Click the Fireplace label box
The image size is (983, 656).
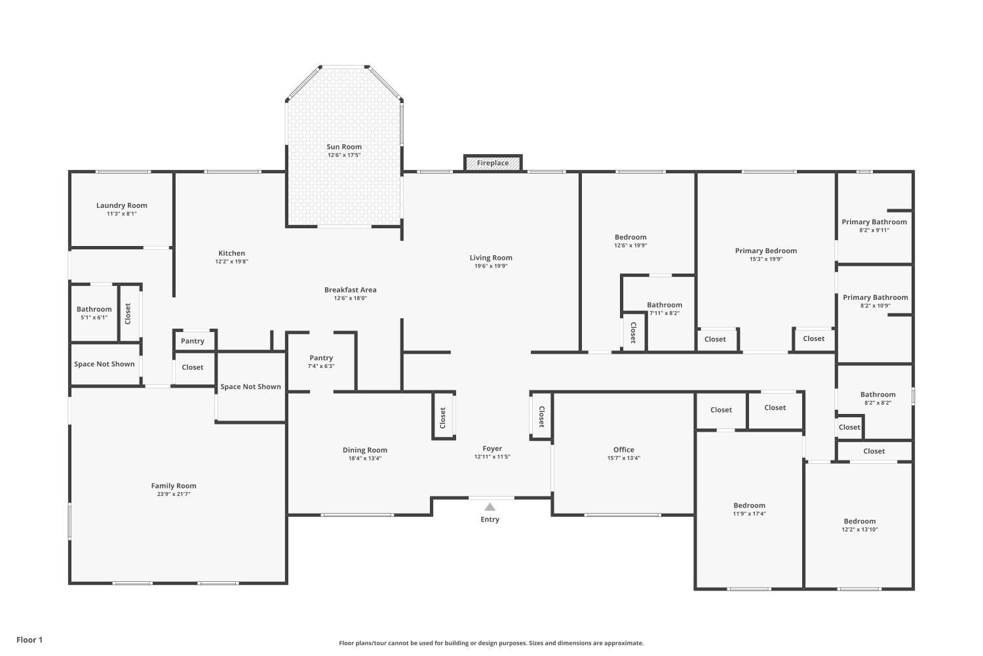click(x=493, y=163)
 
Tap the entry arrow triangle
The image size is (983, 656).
click(x=490, y=506)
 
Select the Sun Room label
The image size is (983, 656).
click(x=344, y=147)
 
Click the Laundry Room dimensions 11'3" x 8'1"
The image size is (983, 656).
click(x=122, y=214)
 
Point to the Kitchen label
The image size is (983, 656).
click(x=231, y=253)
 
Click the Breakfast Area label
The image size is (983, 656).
click(x=350, y=290)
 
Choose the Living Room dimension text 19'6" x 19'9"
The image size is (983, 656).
click(x=491, y=266)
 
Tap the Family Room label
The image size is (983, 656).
click(x=174, y=486)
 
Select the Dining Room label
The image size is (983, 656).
click(x=365, y=450)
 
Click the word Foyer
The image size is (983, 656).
click(x=492, y=449)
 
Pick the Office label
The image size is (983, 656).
click(x=623, y=450)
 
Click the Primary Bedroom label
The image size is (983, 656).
click(x=765, y=251)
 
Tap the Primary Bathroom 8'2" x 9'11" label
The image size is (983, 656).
click(x=874, y=222)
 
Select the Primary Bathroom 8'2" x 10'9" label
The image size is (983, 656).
click(x=875, y=297)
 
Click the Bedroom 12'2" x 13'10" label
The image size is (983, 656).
click(x=859, y=522)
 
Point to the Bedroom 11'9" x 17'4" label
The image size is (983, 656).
click(x=749, y=506)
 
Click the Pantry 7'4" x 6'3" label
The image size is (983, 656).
click(x=321, y=358)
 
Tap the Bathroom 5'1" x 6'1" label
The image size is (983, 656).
click(x=94, y=309)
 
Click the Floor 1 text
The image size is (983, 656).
click(x=29, y=640)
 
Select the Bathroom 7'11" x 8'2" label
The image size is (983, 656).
click(x=665, y=305)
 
